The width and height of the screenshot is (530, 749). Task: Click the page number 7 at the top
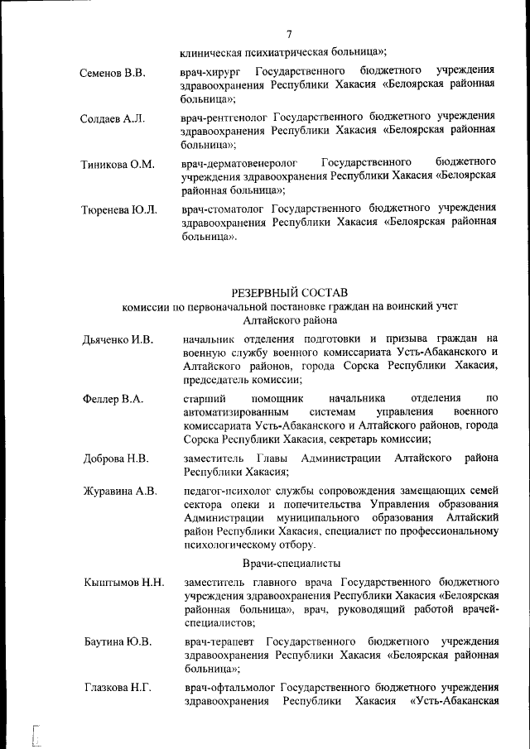tap(290, 34)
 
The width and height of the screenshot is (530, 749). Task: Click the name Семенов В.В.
tap(113, 73)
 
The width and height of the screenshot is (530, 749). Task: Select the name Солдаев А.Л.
tap(113, 118)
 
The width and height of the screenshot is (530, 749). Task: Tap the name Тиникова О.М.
tap(118, 164)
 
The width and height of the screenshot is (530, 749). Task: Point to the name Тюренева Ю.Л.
tap(119, 209)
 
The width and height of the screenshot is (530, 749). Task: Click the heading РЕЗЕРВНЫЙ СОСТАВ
tap(290, 291)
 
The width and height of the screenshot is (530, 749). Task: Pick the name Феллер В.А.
tap(113, 400)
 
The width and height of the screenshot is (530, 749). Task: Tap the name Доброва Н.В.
tap(116, 459)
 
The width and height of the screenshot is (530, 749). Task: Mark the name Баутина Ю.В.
tap(117, 641)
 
